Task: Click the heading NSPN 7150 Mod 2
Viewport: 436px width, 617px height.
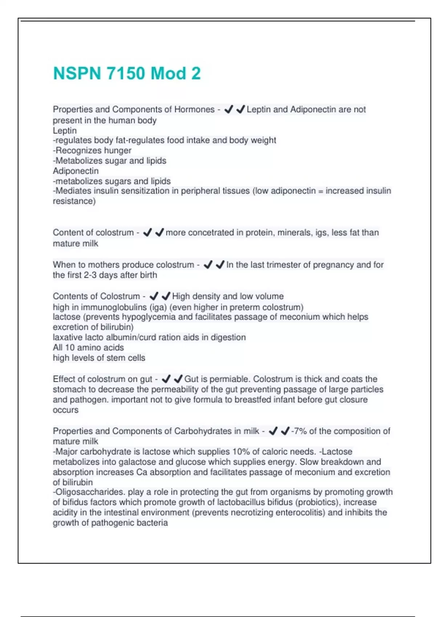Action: tap(126, 73)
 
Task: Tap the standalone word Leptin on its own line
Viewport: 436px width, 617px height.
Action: tap(65, 130)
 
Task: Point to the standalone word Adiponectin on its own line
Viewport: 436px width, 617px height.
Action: tap(76, 171)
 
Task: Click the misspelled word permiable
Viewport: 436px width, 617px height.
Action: tap(230, 379)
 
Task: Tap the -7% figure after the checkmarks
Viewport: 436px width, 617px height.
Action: tap(299, 431)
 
